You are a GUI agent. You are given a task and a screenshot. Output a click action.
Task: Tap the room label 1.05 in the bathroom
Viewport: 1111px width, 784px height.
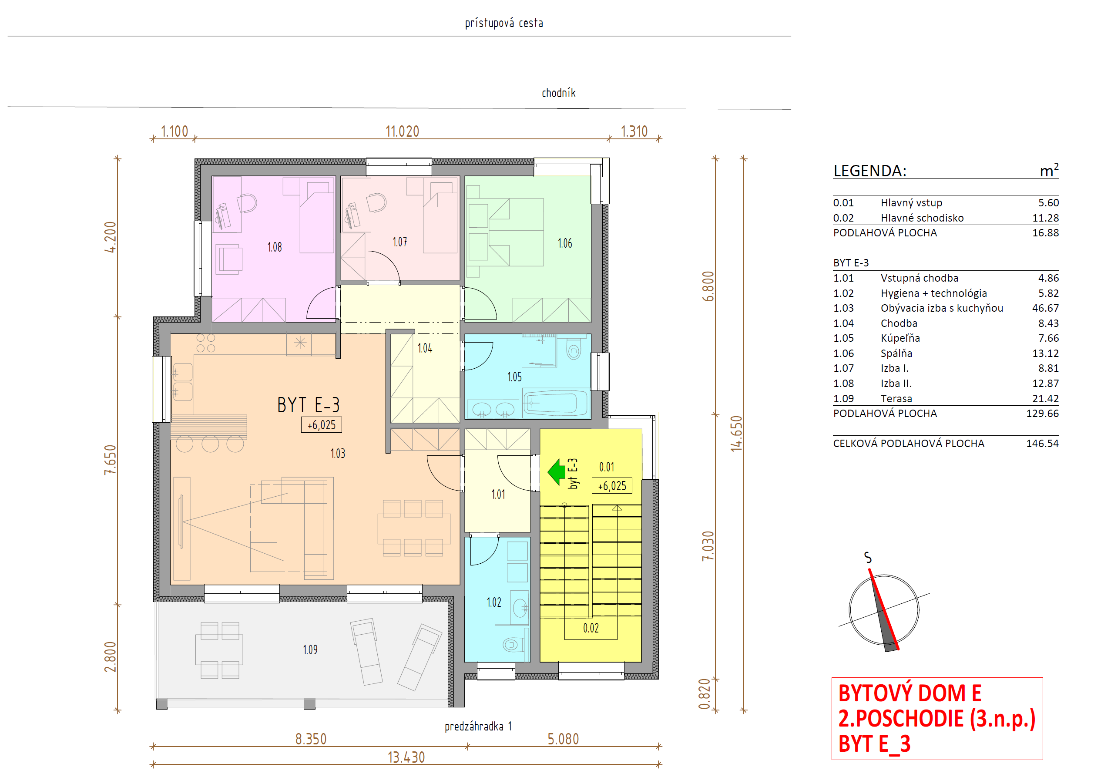514,377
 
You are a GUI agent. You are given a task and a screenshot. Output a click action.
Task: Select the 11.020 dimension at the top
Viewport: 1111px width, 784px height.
402,131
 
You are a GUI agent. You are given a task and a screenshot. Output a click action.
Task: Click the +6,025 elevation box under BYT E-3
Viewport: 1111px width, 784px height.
321,425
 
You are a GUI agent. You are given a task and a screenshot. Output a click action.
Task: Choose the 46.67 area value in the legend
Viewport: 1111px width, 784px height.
1045,308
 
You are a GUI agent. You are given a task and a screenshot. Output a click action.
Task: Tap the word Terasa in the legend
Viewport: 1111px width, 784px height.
896,399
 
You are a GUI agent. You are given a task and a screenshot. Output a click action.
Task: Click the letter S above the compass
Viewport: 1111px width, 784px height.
868,558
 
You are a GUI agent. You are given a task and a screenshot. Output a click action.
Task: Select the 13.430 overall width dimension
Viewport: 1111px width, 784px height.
406,757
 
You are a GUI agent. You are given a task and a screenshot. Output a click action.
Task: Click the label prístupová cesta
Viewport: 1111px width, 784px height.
504,23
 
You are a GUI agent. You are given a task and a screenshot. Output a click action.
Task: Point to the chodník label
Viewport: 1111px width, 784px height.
558,93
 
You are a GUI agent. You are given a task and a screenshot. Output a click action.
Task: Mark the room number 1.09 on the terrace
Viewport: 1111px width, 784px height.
310,650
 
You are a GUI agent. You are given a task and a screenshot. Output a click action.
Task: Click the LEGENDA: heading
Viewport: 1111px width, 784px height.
869,171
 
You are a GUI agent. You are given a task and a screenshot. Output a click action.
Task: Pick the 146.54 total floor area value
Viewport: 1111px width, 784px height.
1042,444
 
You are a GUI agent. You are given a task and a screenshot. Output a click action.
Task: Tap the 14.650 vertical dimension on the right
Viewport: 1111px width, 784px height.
736,434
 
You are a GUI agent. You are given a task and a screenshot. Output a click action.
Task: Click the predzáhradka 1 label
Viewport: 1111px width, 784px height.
478,727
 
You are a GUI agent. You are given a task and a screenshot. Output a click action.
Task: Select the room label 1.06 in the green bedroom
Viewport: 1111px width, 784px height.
565,243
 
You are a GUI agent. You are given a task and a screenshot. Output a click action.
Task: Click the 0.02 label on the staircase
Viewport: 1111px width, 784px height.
591,628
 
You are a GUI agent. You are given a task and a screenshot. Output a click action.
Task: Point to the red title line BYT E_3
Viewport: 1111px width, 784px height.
874,744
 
